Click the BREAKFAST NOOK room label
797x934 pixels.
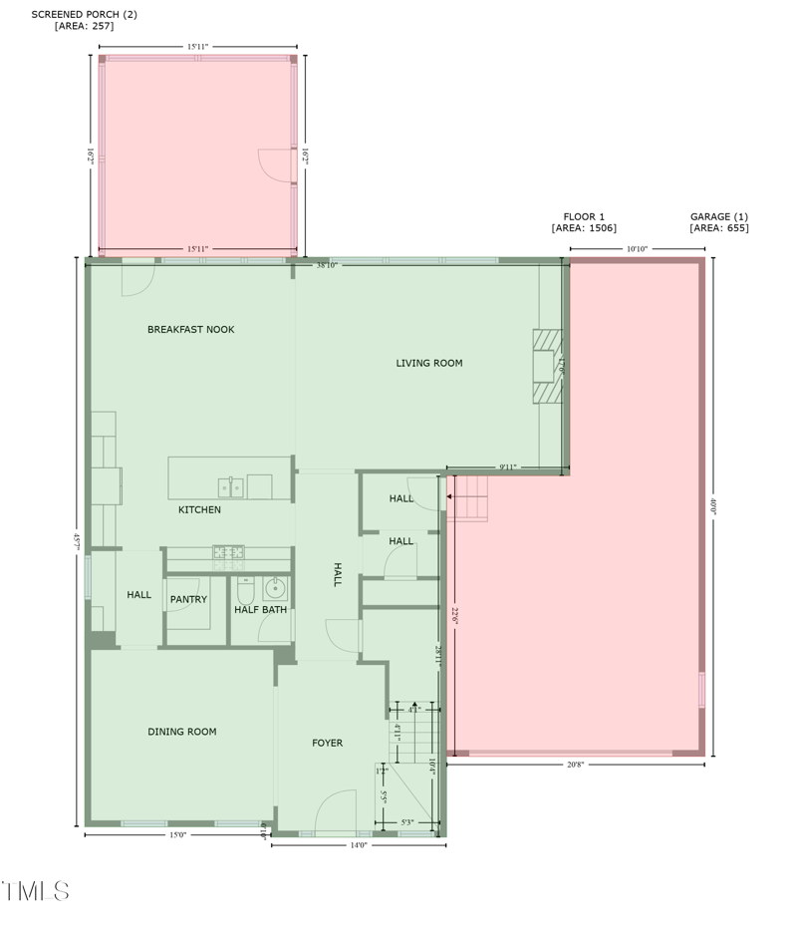pyautogui.click(x=190, y=330)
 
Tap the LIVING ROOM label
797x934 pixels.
pyautogui.click(x=429, y=364)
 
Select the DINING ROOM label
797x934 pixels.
pyautogui.click(x=182, y=733)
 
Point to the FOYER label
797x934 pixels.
pyautogui.click(x=327, y=744)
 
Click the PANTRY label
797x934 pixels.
pyautogui.click(x=188, y=600)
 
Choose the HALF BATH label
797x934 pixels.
pyautogui.click(x=260, y=610)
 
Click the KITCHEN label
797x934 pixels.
pyautogui.click(x=199, y=510)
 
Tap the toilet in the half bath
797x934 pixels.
pyautogui.click(x=246, y=587)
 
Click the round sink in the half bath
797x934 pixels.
pyautogui.click(x=275, y=586)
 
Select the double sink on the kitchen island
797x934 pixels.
pyautogui.click(x=231, y=487)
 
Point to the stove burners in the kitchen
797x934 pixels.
pyautogui.click(x=227, y=551)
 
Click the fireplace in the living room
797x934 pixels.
pyautogui.click(x=547, y=367)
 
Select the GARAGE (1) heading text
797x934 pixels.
pyautogui.click(x=718, y=217)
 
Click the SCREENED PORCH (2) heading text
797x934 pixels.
pyautogui.click(x=84, y=15)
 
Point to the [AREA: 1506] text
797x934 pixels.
pyautogui.click(x=584, y=229)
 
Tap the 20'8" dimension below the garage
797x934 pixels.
pyautogui.click(x=576, y=765)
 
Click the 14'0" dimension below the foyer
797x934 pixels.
pyautogui.click(x=358, y=845)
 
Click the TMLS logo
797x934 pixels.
pyautogui.click(x=36, y=891)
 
